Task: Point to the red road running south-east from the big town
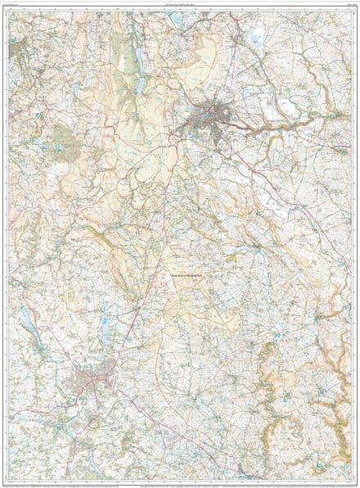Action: tap(237, 164)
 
